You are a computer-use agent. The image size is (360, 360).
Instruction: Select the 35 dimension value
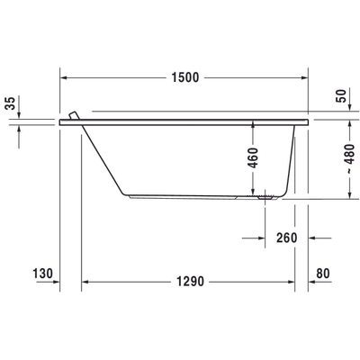(10, 105)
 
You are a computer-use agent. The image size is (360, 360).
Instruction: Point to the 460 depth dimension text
(255, 159)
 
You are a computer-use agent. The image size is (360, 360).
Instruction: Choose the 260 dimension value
(287, 238)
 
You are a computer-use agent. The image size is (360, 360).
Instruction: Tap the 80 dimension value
(324, 274)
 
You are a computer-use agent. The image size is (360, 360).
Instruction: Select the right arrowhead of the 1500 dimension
(305, 78)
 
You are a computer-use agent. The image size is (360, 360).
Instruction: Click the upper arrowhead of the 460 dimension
(255, 125)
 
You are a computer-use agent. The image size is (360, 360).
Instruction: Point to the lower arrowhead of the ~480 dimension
(348, 196)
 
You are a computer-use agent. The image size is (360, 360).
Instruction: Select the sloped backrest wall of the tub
(102, 158)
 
